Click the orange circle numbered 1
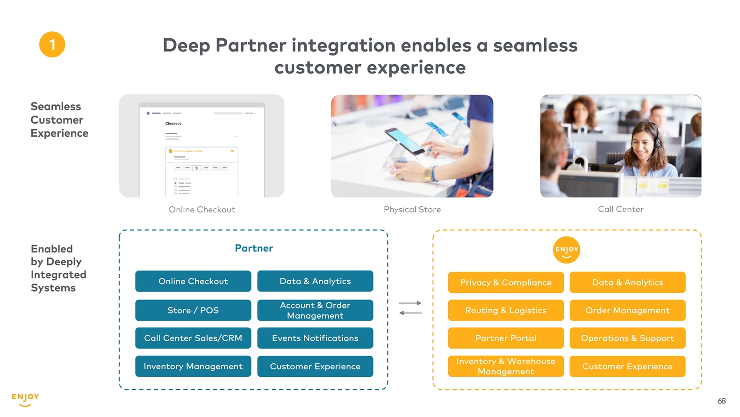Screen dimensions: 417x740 (x=52, y=44)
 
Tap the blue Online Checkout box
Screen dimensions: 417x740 (x=193, y=281)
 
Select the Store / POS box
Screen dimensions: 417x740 (x=193, y=310)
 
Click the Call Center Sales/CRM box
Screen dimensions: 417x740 (x=193, y=338)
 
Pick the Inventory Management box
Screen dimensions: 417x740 (x=193, y=366)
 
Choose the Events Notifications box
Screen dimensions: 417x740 (x=315, y=338)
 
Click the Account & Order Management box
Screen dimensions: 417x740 (x=315, y=310)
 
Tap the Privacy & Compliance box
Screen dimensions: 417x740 (x=506, y=282)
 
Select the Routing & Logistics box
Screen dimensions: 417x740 (x=506, y=310)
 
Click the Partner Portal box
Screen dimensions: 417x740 (x=506, y=338)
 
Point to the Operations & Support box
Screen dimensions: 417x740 (x=627, y=338)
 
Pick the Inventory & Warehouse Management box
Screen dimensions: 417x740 (x=506, y=366)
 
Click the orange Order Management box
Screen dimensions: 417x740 (x=627, y=310)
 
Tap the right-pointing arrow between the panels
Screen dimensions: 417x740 (x=410, y=303)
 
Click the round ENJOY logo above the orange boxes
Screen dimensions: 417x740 (x=567, y=250)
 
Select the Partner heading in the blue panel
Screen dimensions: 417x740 (x=254, y=248)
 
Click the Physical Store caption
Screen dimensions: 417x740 (x=412, y=210)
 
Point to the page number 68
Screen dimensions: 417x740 (x=722, y=401)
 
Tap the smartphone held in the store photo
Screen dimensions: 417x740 (x=405, y=141)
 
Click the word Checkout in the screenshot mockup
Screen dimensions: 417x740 (x=173, y=124)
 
